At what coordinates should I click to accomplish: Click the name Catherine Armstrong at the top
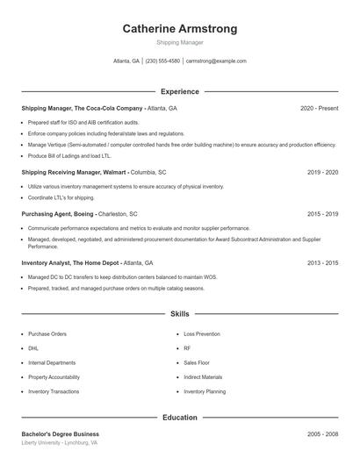coord(179,29)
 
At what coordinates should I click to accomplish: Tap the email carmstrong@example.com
coord(216,61)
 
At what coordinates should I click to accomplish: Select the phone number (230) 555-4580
coord(162,61)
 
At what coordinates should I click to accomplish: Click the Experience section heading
coord(179,91)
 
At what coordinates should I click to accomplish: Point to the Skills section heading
coord(179,313)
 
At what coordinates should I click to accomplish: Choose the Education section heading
coord(179,418)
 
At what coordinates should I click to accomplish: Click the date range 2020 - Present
coord(319,108)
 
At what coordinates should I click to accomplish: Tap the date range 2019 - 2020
coord(322,173)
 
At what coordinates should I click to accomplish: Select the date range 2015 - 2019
coord(322,213)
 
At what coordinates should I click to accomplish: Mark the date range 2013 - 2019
coord(322,262)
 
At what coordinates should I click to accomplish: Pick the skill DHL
coord(32,348)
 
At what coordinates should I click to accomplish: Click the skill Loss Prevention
coord(202,334)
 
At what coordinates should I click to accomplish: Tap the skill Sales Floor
coord(196,362)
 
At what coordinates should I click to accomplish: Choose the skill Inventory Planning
coord(205,391)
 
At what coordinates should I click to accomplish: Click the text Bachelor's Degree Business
coord(60,434)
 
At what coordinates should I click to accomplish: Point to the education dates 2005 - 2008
coord(322,434)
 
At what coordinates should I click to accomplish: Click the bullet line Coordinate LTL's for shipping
coord(61,197)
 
